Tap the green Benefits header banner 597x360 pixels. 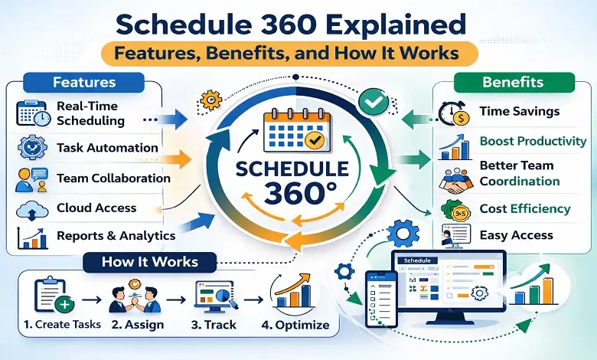(514, 82)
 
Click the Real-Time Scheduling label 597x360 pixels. (90, 113)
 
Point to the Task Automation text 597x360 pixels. (107, 148)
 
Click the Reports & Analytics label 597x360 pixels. (116, 235)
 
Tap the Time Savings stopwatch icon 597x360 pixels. (452, 113)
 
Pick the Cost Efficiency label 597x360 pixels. (524, 208)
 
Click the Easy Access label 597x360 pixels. (515, 235)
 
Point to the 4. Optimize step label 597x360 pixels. (295, 325)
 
